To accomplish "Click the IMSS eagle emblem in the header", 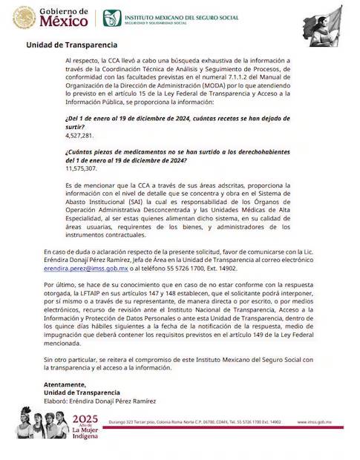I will tap(111, 18).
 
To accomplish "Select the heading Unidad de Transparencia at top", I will tap(66, 45).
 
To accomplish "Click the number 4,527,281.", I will tap(80, 136).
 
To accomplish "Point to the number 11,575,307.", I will tap(82, 168).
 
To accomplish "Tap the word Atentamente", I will tap(65, 384).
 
